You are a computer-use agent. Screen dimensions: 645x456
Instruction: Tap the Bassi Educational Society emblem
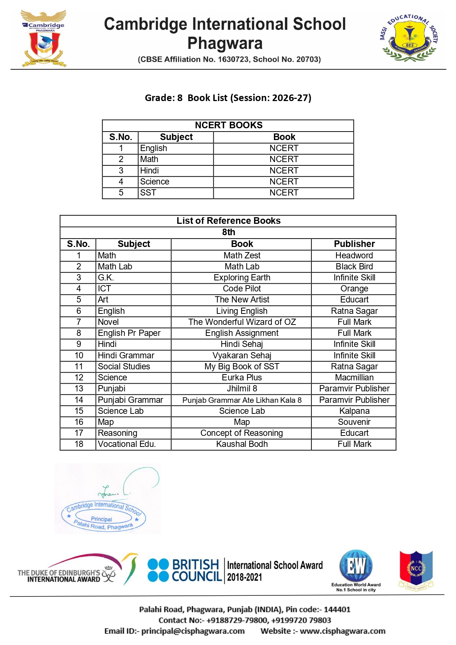point(409,37)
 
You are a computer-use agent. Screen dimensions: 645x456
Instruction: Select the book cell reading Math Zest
point(242,255)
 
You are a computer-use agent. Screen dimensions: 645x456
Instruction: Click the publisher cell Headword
point(354,255)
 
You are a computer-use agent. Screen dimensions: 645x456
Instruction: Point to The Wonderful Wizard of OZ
point(242,322)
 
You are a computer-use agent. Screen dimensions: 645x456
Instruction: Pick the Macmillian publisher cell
point(354,377)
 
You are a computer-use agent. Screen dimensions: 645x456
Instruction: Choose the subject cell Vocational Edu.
point(127,444)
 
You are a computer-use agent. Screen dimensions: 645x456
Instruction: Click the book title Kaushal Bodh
point(242,444)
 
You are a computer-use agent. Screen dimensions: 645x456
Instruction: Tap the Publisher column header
point(354,244)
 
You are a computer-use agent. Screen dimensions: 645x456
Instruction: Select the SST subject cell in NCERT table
point(148,193)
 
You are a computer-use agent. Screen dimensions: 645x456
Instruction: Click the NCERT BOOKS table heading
point(228,125)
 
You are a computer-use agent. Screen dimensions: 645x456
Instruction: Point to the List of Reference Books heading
point(228,221)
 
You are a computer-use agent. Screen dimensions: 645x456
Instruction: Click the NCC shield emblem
point(416,569)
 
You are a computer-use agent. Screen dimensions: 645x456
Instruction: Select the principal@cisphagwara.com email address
point(193,631)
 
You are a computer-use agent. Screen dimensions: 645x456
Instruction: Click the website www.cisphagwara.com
point(342,631)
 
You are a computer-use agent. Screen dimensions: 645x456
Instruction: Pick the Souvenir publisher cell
point(354,422)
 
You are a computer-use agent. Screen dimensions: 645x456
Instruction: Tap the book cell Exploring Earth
point(242,277)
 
